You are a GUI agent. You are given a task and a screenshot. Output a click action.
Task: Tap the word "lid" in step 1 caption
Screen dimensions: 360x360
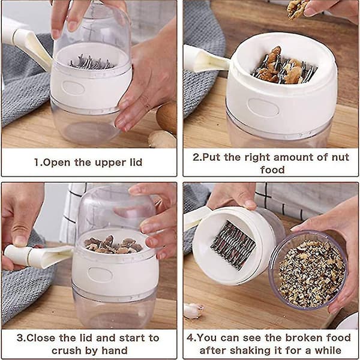(x=136, y=162)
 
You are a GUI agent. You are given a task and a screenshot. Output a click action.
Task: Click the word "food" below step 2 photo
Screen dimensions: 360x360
(x=272, y=170)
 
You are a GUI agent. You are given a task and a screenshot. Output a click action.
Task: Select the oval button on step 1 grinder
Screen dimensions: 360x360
(x=73, y=88)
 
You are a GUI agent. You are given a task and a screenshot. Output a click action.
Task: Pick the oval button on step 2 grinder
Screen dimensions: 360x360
(x=263, y=107)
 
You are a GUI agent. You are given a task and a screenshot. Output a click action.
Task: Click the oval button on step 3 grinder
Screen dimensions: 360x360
(x=100, y=274)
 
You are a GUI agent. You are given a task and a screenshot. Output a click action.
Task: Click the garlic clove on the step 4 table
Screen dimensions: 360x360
(x=193, y=310)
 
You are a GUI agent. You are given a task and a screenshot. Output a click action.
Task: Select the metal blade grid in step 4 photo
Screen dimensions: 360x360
(x=233, y=245)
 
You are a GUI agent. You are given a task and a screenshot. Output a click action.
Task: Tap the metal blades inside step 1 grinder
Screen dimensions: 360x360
(x=91, y=62)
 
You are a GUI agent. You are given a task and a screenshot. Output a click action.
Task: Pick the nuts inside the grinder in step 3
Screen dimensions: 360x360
(x=113, y=245)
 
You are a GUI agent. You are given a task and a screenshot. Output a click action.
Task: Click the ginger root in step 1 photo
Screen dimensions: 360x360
(x=162, y=139)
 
